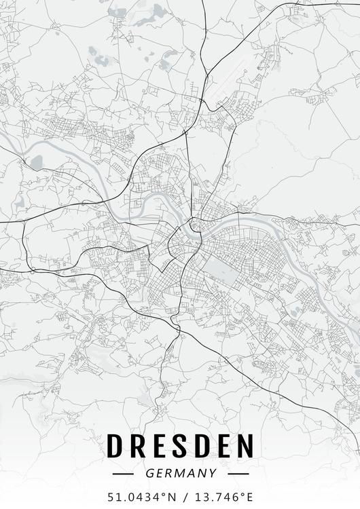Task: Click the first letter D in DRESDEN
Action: click(x=115, y=445)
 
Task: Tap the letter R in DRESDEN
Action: click(x=139, y=445)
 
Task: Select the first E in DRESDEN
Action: click(x=162, y=445)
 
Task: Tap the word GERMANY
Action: click(x=181, y=473)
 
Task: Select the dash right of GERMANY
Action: click(x=238, y=473)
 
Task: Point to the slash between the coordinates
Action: click(x=180, y=497)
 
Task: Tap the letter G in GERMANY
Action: click(x=149, y=473)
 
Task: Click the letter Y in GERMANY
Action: click(x=213, y=473)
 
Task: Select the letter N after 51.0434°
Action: click(x=169, y=497)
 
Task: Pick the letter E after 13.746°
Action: click(x=251, y=497)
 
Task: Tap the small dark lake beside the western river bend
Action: click(x=37, y=162)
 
